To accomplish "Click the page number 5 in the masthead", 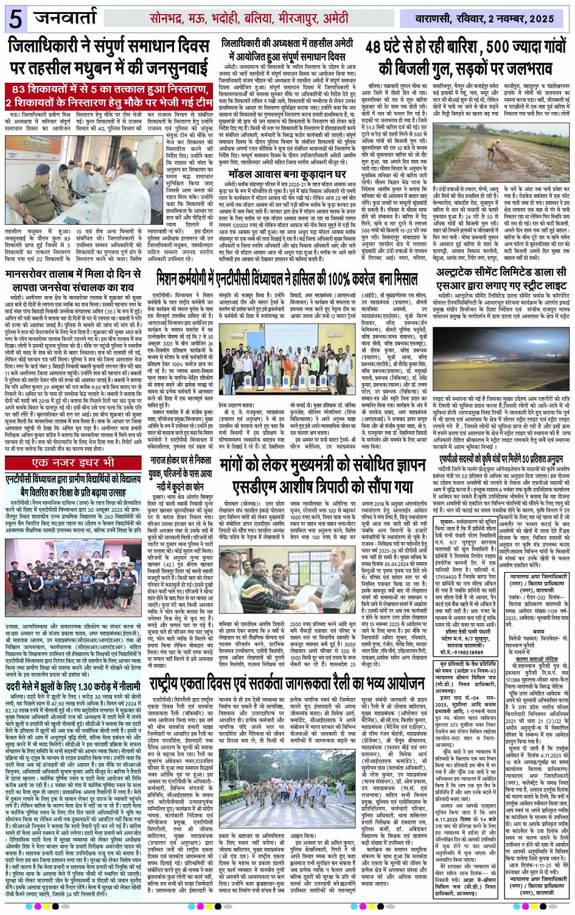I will click(x=15, y=19).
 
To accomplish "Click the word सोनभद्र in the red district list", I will click(x=170, y=19).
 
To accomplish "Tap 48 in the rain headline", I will click(x=378, y=48).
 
